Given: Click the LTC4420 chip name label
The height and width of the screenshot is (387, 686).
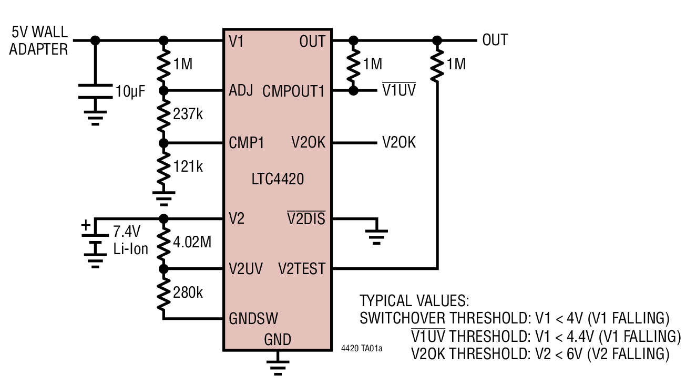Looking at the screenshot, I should (278, 180).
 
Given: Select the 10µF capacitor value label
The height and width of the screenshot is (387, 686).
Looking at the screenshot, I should (130, 92).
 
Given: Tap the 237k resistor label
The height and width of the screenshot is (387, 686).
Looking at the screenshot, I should (188, 114).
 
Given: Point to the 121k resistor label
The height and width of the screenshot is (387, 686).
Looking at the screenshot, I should (188, 166).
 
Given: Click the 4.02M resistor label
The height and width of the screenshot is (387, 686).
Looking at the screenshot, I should (192, 243).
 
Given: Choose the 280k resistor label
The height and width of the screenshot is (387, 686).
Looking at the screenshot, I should (188, 292).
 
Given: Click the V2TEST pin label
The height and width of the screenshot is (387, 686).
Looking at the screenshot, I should (301, 269).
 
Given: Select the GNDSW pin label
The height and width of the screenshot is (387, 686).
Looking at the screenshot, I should (253, 318).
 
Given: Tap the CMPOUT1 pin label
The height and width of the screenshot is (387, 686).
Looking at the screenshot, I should (293, 91).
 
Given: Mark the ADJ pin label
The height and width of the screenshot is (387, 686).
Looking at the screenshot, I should (241, 90).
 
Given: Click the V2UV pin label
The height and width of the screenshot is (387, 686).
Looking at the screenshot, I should (245, 269).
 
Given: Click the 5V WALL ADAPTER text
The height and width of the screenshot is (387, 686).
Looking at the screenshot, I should (39, 41).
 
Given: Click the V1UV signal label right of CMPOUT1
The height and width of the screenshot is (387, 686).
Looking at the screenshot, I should (398, 91).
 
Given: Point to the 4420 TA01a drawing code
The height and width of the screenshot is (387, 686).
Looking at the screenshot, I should (362, 349).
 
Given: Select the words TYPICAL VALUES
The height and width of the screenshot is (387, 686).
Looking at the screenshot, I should (414, 301).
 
